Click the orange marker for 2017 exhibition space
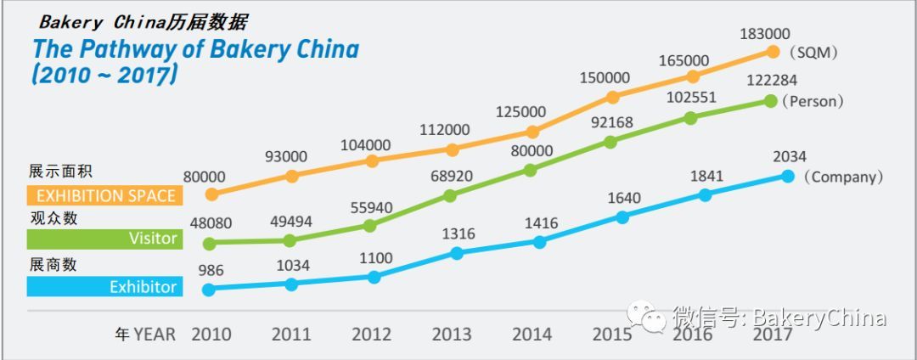tap(773, 51)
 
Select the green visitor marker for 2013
tap(450, 195)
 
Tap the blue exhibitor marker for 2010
tap(210, 289)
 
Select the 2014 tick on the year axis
tap(531, 334)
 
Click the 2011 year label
tap(291, 334)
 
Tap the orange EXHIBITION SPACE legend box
tap(103, 196)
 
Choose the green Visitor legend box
tap(103, 239)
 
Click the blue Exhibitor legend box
tap(103, 287)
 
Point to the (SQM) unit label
tap(813, 53)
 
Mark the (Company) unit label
tap(843, 177)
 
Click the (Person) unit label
tap(813, 102)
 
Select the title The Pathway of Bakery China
tap(195, 49)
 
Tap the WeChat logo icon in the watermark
tap(652, 319)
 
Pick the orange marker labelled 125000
tap(532, 132)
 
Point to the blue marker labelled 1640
tap(622, 217)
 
